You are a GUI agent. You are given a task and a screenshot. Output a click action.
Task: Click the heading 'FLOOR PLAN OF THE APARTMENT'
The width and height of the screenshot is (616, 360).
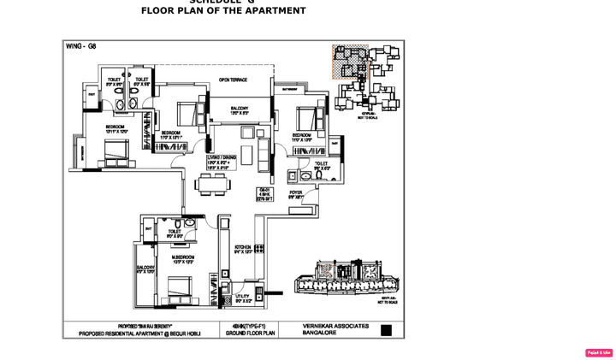tap(223, 11)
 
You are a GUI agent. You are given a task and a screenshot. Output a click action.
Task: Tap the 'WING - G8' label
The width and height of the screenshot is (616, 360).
tap(81, 46)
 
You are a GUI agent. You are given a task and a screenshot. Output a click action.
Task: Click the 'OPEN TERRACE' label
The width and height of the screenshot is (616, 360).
tap(233, 80)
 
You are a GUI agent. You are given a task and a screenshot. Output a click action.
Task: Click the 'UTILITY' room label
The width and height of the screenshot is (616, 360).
tap(242, 297)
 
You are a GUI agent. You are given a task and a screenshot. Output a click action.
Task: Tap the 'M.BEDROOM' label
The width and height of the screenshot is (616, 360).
tap(183, 257)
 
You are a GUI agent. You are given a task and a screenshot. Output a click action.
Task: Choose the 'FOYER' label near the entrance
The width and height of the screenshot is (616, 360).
tap(296, 193)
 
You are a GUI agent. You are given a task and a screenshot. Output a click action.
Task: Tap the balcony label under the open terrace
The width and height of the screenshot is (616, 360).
tap(239, 109)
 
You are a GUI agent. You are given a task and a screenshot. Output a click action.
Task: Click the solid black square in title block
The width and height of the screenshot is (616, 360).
tap(386, 330)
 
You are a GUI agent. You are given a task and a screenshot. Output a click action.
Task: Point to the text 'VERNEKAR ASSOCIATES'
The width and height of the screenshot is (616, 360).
tap(335, 326)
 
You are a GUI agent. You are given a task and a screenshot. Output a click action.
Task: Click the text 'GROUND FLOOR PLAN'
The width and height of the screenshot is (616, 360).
tap(249, 333)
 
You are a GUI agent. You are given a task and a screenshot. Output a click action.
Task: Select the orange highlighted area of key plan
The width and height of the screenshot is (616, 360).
tap(350, 62)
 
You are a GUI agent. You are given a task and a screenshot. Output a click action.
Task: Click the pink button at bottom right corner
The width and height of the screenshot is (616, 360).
tap(599, 352)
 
